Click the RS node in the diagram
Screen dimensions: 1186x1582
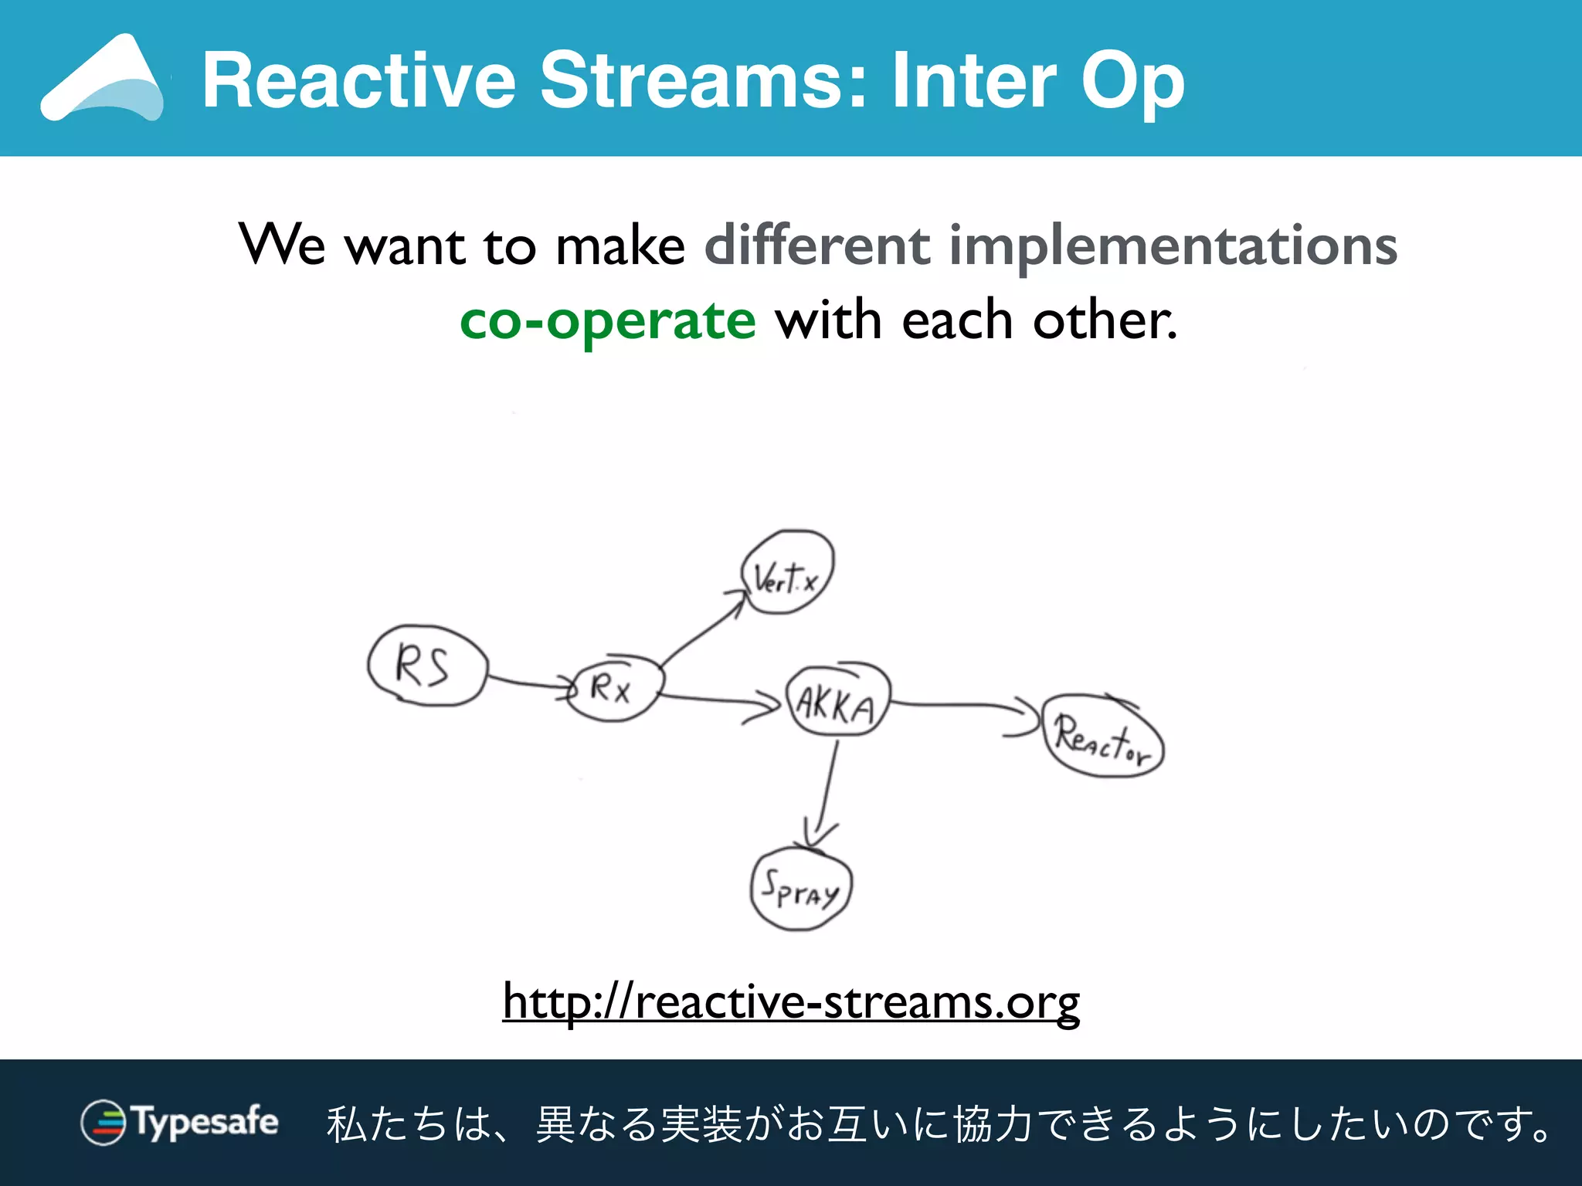click(x=427, y=666)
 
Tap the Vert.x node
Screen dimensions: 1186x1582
click(x=787, y=573)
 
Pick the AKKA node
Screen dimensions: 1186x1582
click(x=837, y=701)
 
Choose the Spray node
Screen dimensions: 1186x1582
click(x=801, y=890)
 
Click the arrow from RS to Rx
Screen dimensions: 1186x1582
click(x=529, y=683)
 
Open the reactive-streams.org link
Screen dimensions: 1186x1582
click(x=791, y=1002)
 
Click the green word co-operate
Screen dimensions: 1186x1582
click(x=607, y=321)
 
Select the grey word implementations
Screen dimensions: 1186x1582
click(x=1173, y=246)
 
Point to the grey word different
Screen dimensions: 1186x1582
click(x=817, y=246)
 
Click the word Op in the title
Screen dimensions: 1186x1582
click(x=1132, y=81)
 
